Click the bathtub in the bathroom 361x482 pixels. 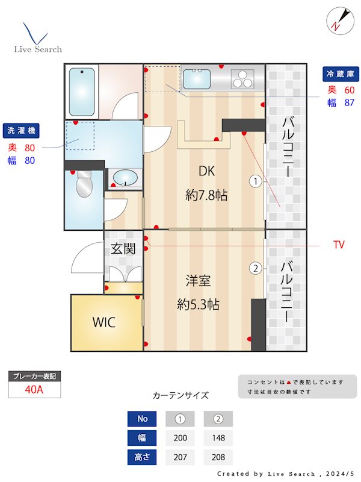click(x=82, y=92)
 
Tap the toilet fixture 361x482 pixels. click(x=84, y=184)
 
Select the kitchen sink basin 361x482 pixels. click(x=196, y=78)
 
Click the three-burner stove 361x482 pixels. click(x=242, y=79)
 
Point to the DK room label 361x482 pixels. click(x=206, y=171)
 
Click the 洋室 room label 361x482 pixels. click(x=198, y=281)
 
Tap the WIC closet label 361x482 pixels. click(x=104, y=322)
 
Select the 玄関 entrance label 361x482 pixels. click(x=123, y=248)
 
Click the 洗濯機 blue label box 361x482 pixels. click(x=21, y=130)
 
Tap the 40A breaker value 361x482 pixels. click(x=34, y=389)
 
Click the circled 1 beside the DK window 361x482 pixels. click(x=256, y=180)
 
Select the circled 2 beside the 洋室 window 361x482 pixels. click(x=256, y=269)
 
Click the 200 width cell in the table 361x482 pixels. click(x=180, y=438)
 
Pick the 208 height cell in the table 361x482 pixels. click(x=218, y=457)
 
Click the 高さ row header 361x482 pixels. click(x=143, y=457)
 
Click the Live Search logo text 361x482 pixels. click(x=38, y=49)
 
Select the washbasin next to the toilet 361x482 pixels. click(x=125, y=178)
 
